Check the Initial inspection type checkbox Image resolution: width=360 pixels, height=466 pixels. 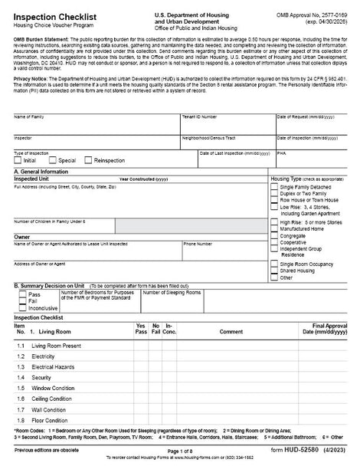click(18, 161)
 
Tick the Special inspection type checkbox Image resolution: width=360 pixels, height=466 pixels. click(52, 161)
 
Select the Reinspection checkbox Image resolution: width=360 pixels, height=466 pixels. click(88, 161)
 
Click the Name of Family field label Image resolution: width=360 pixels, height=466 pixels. click(29, 116)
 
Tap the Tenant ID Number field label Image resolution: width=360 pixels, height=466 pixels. click(199, 116)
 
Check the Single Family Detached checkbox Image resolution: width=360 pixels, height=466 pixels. click(274, 187)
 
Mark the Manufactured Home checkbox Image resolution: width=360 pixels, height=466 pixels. click(274, 228)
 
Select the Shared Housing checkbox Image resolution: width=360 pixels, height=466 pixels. click(274, 271)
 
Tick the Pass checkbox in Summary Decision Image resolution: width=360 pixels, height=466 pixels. click(22, 294)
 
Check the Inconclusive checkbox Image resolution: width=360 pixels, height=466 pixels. click(22, 308)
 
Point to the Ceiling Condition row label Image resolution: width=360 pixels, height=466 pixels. click(52, 399)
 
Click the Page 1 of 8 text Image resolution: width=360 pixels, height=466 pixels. click(181, 452)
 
